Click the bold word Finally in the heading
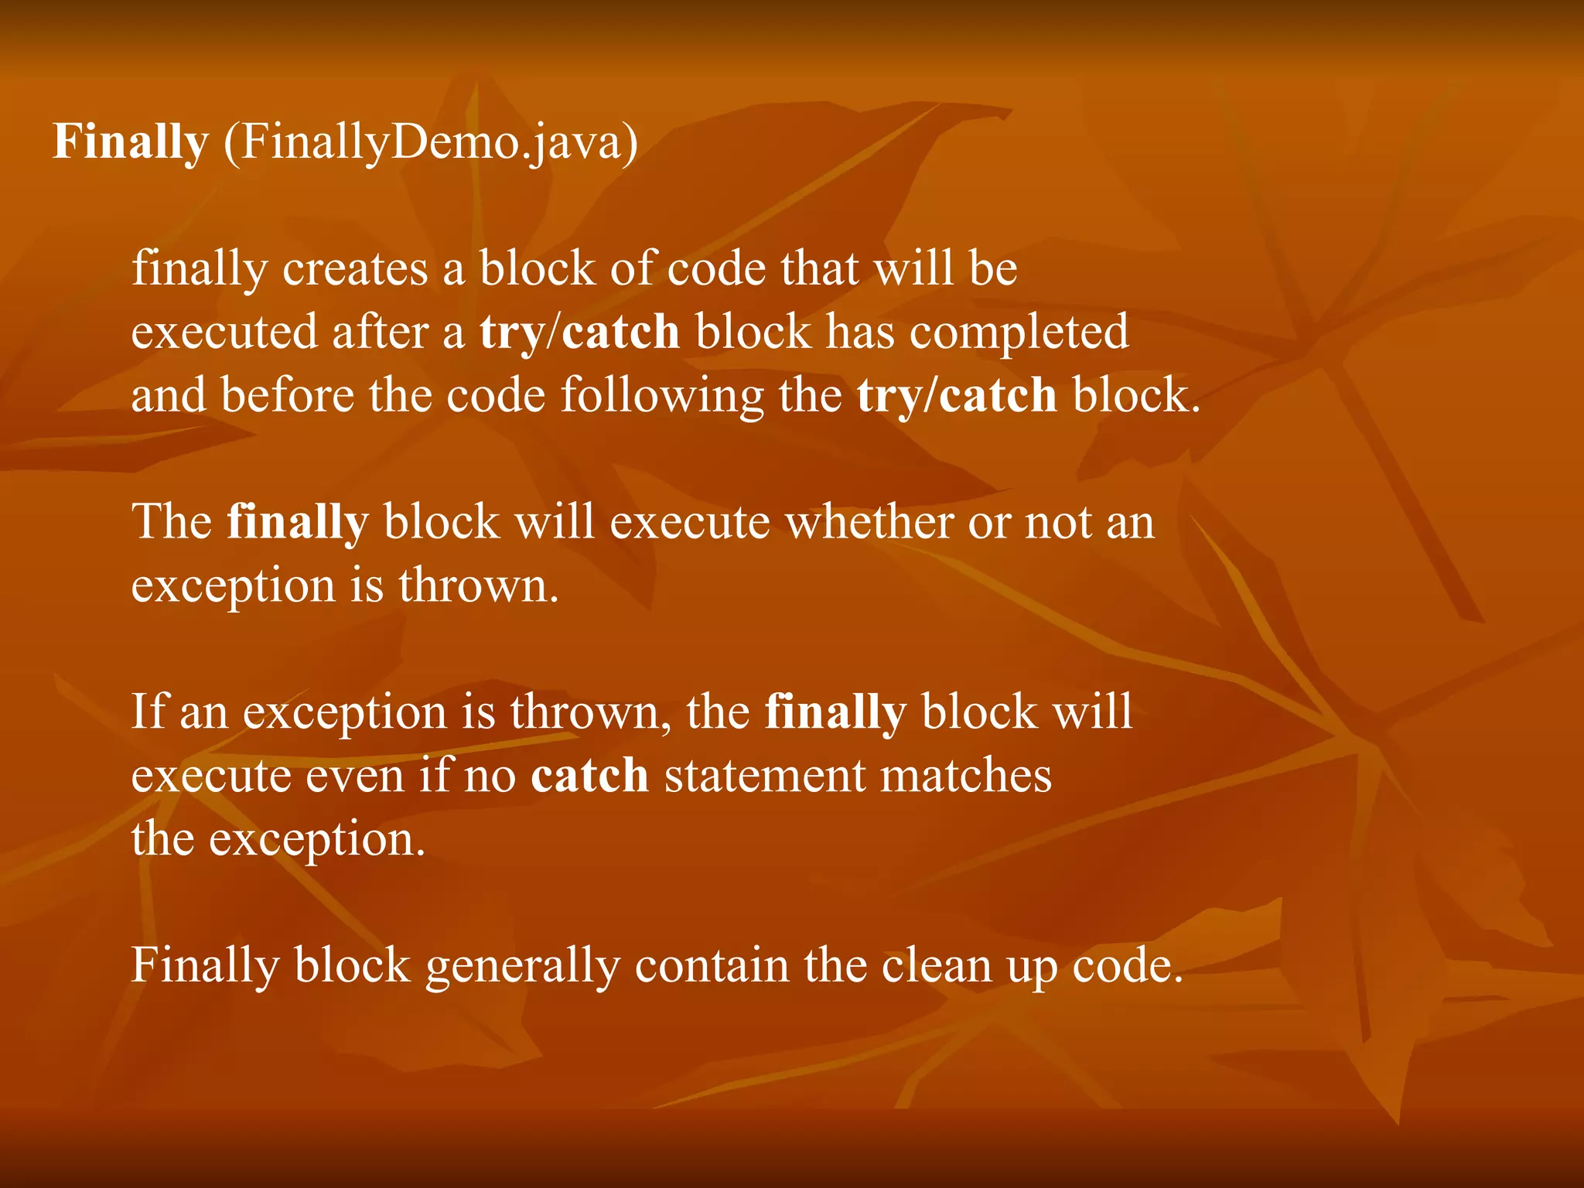pos(131,142)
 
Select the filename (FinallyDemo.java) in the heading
pos(431,142)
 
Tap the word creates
pos(355,269)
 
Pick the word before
pos(287,395)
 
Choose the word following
pos(662,395)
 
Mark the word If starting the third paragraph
pos(147,712)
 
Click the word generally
pos(523,966)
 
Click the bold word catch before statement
pos(589,775)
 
